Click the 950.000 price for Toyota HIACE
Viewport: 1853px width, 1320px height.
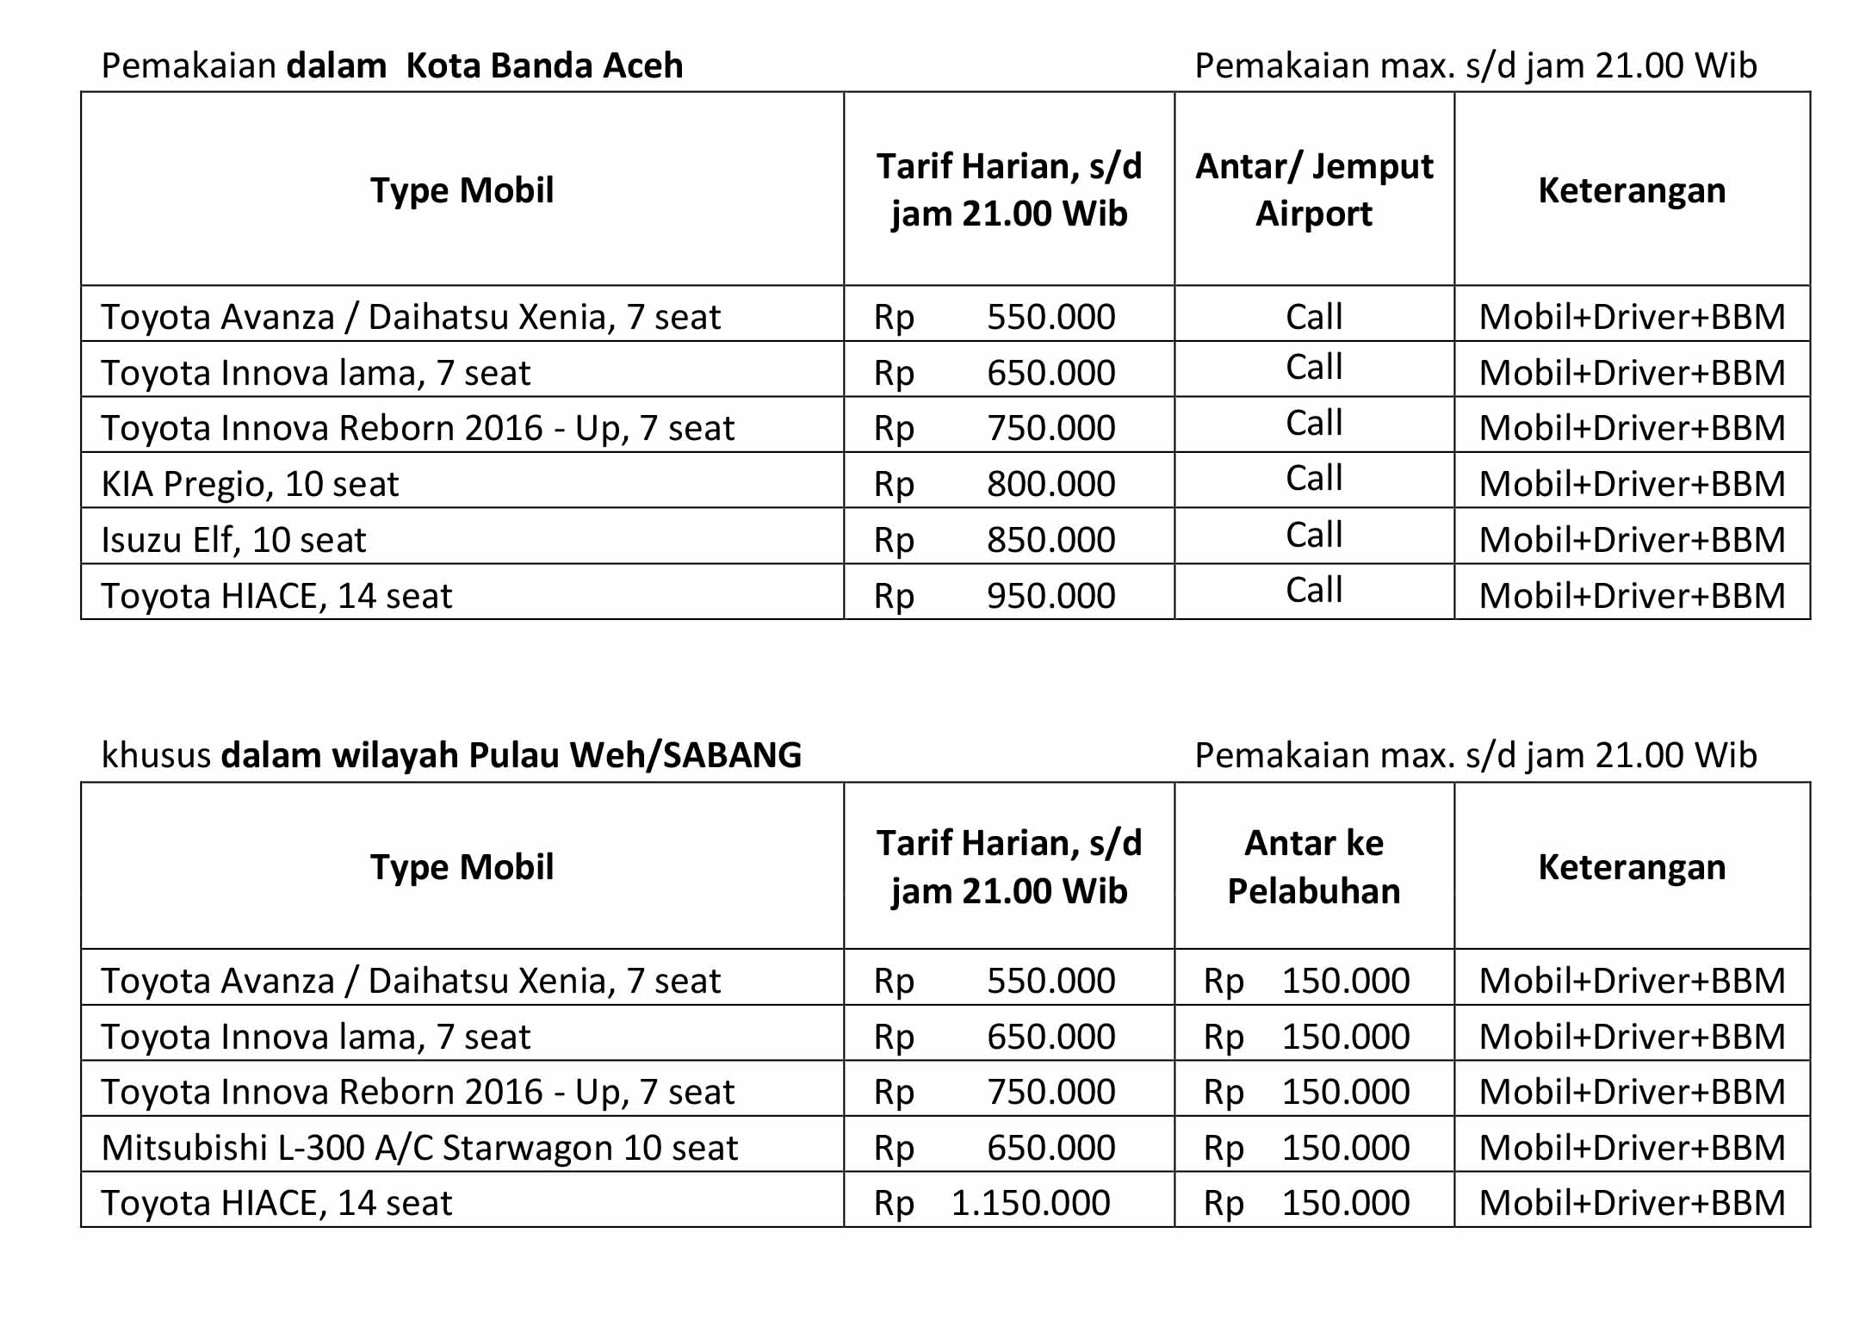coord(1050,595)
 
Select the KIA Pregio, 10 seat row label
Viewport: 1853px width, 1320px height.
coord(250,484)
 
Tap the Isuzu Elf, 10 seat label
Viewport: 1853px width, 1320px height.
coord(233,540)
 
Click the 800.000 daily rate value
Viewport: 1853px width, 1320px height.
coord(1050,484)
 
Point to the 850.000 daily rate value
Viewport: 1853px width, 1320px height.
coord(1050,540)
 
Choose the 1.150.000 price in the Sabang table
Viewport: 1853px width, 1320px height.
coord(1031,1203)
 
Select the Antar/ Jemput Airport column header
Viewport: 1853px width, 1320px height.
coord(1314,189)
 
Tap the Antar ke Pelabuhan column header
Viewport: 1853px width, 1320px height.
coord(1314,866)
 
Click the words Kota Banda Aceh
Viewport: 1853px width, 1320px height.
coord(544,65)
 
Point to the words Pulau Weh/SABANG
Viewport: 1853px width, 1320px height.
coord(635,755)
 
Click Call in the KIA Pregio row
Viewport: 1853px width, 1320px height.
coord(1314,479)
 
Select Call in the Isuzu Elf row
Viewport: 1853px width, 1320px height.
coord(1314,535)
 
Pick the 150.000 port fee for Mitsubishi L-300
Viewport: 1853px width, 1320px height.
coord(1345,1148)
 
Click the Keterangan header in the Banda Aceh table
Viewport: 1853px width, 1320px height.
coord(1632,190)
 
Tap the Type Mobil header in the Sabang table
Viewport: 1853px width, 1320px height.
coord(462,867)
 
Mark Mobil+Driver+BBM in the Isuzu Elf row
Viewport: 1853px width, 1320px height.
coord(1632,540)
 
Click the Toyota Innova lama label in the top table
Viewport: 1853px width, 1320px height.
coord(315,373)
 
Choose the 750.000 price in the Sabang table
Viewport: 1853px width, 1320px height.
coord(1050,1092)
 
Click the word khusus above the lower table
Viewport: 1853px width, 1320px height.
coord(156,755)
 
